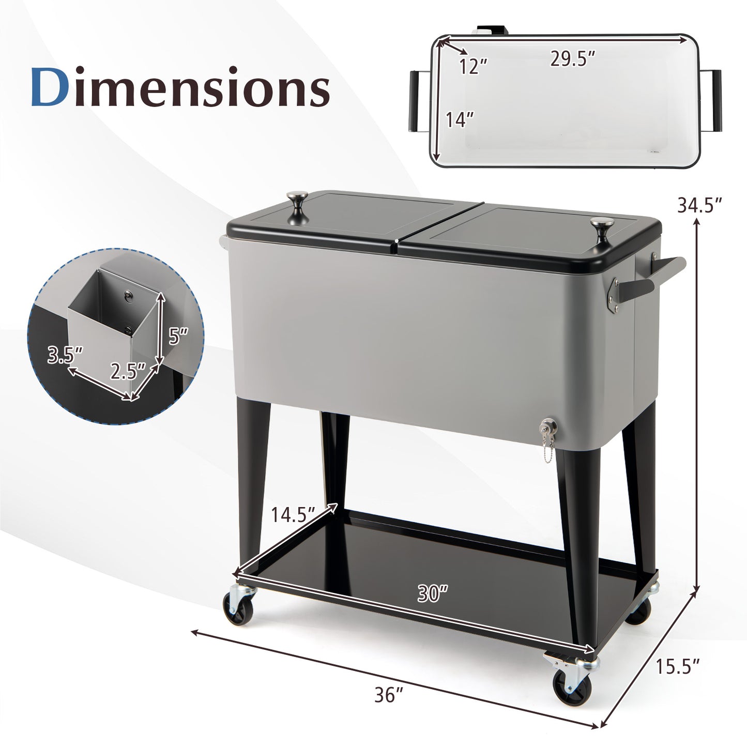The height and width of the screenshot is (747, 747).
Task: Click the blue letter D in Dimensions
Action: click(51, 87)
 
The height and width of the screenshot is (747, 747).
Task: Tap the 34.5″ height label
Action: click(699, 206)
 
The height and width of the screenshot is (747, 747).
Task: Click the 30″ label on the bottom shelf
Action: click(432, 593)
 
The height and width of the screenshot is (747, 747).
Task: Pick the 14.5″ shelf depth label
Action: click(293, 514)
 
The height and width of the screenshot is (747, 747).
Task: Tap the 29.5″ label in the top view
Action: click(572, 59)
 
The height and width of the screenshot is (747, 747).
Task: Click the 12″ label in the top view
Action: click(473, 67)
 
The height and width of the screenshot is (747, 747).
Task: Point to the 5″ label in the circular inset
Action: click(178, 336)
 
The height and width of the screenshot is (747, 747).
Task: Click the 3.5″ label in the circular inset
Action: click(64, 355)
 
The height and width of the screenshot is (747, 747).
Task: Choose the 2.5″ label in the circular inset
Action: click(126, 371)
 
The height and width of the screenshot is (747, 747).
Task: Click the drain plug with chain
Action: click(545, 430)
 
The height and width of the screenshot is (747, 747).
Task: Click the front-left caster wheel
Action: click(239, 608)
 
